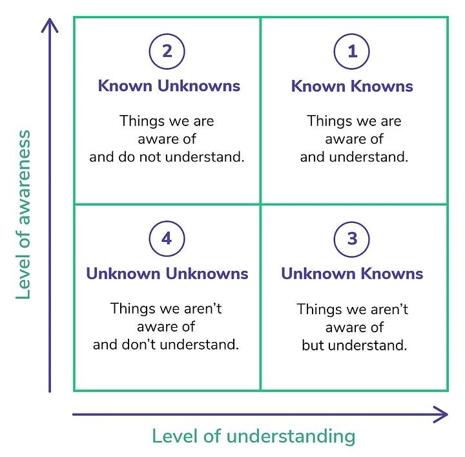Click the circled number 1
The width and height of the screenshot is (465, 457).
point(352,51)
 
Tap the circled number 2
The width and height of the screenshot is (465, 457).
point(167,51)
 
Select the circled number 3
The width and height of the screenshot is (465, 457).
point(352,239)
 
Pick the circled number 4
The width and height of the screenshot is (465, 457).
point(167,239)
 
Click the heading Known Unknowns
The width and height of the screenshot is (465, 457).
point(169,86)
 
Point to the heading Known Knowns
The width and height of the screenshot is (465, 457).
point(352,86)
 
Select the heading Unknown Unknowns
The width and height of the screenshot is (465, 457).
point(167,273)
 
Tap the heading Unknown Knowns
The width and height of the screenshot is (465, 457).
point(352,273)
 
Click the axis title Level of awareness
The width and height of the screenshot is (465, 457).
point(23,215)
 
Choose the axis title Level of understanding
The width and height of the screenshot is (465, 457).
point(254,436)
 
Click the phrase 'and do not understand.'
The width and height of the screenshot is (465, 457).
point(167,157)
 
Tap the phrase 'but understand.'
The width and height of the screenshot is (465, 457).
point(355,345)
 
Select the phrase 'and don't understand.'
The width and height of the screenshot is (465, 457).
point(166,345)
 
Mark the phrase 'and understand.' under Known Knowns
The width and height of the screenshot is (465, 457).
point(355,157)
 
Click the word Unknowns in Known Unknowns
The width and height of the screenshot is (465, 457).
point(199,86)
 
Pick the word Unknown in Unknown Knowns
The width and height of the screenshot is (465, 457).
point(319,273)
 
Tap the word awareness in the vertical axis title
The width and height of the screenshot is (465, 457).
point(23,177)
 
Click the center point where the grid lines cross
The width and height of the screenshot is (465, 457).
point(260,204)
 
